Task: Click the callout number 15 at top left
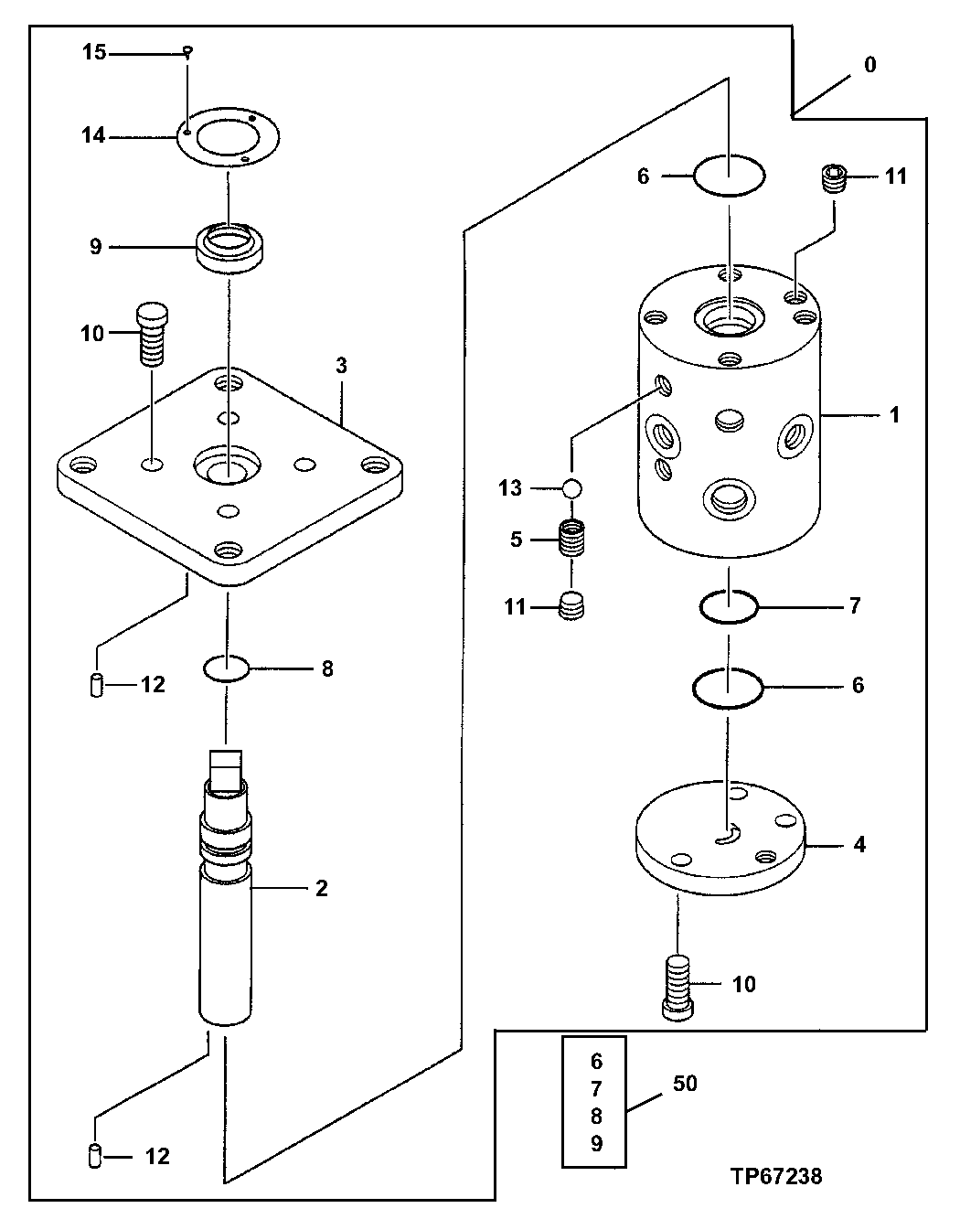94,53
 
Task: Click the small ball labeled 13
572,488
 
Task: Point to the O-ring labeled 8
226,668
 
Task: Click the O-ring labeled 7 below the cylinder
729,605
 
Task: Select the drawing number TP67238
775,1176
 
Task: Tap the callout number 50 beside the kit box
685,1084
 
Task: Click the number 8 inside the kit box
596,1117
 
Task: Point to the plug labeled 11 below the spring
571,606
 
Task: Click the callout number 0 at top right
869,65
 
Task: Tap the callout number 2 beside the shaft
321,887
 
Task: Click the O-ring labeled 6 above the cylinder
729,175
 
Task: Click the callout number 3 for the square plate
340,367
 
